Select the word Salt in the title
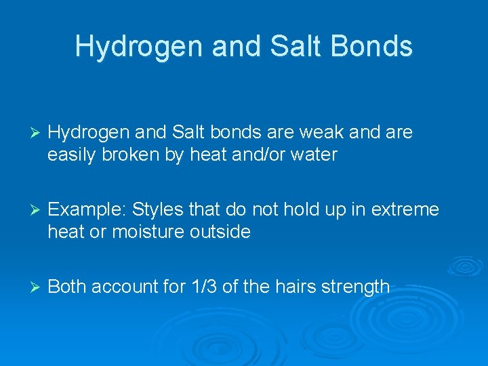tap(289, 46)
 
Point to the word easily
tap(72, 155)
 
